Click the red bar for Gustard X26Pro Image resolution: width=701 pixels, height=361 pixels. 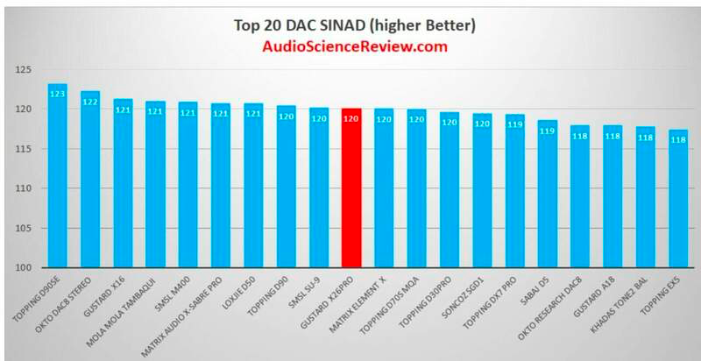[351, 188]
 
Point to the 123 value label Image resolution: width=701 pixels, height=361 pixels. [58, 93]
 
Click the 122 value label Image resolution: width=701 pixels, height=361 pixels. [90, 101]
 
